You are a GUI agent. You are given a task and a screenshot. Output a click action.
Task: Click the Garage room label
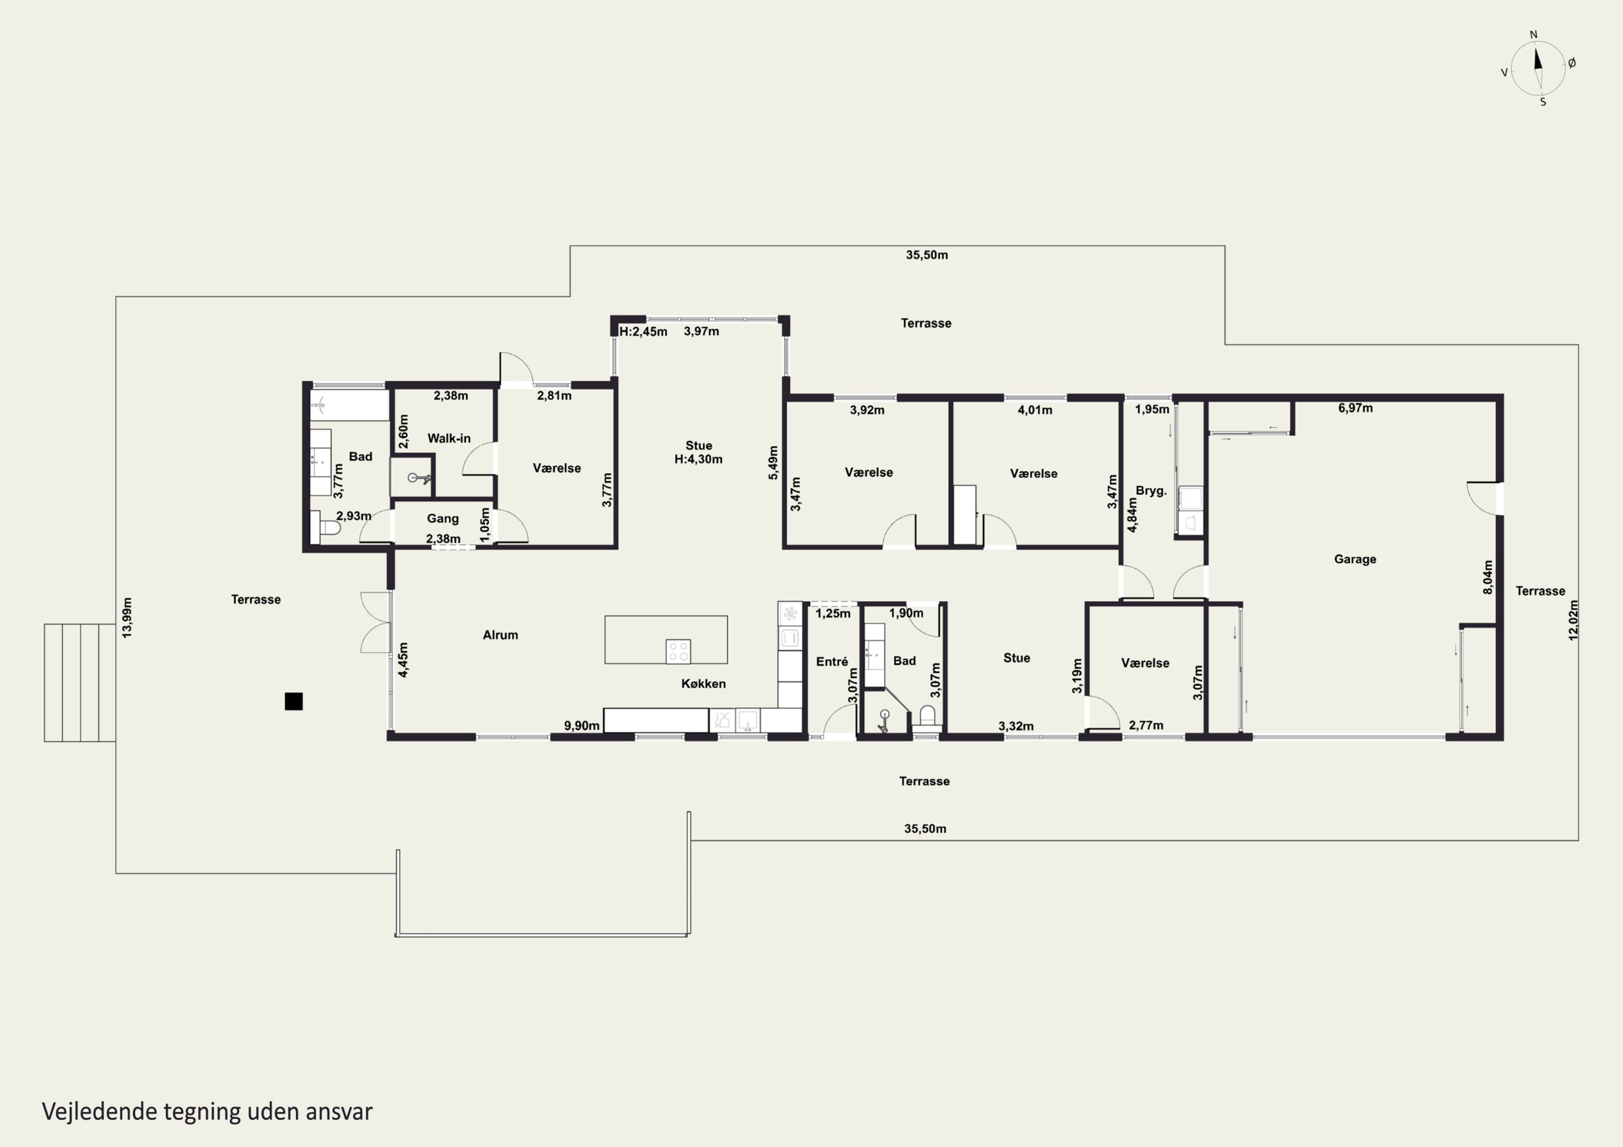[x=1354, y=559]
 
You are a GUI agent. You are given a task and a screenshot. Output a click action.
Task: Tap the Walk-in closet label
[x=449, y=438]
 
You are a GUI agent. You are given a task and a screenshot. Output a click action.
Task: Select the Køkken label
[x=703, y=684]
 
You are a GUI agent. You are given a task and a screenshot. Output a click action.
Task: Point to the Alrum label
[x=500, y=635]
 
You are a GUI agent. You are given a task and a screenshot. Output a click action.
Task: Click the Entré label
[x=832, y=661]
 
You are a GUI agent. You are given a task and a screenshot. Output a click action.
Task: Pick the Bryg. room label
[x=1151, y=490]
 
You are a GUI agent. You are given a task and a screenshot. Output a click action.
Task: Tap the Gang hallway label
[x=443, y=519]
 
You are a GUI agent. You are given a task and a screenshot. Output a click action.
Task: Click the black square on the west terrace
[x=293, y=701]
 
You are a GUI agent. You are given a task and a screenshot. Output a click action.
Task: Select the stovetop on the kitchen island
[x=678, y=651]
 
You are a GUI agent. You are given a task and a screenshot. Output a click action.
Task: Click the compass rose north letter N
[x=1533, y=35]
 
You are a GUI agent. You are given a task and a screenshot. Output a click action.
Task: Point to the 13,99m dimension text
[x=127, y=618]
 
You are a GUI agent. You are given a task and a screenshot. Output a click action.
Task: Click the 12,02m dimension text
[x=1573, y=620]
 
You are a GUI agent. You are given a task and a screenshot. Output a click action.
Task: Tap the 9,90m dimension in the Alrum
[x=582, y=726]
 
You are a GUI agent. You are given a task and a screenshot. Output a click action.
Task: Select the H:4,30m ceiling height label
[x=698, y=459]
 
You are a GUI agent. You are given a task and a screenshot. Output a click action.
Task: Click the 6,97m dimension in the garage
[x=1355, y=408]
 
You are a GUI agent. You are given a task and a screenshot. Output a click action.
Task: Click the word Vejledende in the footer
[x=100, y=1112]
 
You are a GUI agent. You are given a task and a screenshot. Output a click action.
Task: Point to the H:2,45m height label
[x=643, y=331]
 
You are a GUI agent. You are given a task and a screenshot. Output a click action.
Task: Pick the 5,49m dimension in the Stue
[x=773, y=463]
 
